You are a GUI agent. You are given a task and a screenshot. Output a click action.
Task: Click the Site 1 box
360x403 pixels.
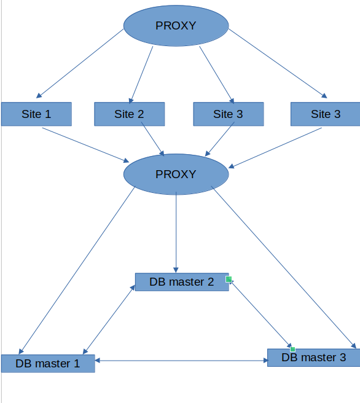coord(36,114)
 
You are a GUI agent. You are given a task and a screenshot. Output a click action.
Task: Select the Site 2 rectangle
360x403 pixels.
coord(130,114)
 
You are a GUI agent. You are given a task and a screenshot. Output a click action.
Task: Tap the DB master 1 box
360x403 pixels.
coord(48,364)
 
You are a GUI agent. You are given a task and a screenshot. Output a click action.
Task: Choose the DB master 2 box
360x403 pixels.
coord(182,282)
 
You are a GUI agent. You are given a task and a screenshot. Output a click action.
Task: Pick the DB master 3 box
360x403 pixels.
coord(314,358)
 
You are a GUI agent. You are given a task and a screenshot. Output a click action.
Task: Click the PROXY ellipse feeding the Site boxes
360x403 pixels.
coord(176,26)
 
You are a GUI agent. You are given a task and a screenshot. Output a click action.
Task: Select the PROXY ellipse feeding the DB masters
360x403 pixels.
coord(176,174)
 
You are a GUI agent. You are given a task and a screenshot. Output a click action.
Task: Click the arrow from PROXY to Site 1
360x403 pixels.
coord(80,63)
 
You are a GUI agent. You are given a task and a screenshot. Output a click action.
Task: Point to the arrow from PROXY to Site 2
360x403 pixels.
coord(141,75)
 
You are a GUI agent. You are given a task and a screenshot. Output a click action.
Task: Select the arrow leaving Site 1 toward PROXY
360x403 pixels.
coord(86,145)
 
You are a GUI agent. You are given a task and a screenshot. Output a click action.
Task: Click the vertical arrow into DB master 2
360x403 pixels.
coord(176,232)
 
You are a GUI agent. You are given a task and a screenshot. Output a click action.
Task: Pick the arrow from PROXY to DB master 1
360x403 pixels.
coord(77,270)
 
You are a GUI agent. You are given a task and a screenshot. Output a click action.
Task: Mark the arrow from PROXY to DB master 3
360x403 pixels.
coord(284,267)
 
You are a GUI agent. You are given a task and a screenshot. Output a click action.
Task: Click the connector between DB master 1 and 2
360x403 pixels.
coord(109,319)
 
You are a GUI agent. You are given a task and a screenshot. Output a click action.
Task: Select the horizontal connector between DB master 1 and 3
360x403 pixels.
coord(181,361)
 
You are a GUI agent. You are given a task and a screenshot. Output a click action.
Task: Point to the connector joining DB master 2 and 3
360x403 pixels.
coord(260,314)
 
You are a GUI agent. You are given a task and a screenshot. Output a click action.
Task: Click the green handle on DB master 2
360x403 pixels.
coord(229,279)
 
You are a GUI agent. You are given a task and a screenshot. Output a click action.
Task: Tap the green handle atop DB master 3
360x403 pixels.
coord(292,350)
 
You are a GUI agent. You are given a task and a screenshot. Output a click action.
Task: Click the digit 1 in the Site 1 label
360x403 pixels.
coord(48,114)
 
